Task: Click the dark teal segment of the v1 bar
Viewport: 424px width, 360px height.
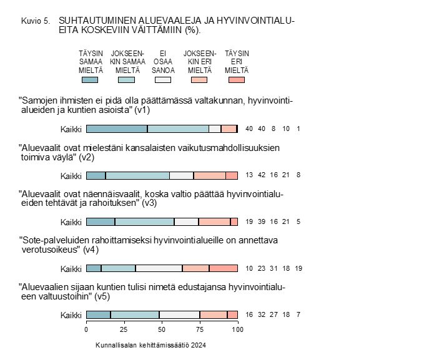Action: point(117,129)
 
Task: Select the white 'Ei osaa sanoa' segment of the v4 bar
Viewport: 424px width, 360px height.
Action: point(159,268)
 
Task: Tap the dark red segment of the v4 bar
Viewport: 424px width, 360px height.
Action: point(224,268)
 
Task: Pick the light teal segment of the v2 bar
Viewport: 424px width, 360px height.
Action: point(137,175)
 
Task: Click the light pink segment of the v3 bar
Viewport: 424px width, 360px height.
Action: point(214,221)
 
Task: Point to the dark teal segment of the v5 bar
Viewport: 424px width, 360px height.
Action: point(98,314)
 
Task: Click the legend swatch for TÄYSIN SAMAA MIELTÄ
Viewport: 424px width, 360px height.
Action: point(90,80)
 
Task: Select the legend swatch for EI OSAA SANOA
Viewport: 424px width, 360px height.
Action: point(163,80)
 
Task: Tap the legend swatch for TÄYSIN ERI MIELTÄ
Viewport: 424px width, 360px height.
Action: point(237,80)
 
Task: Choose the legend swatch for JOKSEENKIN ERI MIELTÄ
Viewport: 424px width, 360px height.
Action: point(200,80)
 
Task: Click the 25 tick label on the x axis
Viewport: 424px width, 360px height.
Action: point(124,329)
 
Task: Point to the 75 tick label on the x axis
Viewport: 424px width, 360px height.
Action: point(199,329)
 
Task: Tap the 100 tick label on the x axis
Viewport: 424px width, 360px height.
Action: point(237,329)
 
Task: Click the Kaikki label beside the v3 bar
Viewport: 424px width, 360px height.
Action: point(71,222)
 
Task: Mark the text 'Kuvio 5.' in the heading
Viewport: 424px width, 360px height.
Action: point(35,21)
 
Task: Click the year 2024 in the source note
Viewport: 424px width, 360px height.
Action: point(198,345)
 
